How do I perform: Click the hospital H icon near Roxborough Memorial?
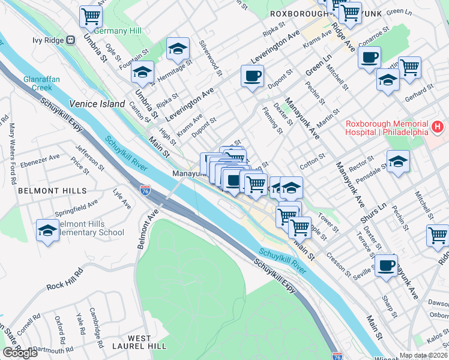click(438, 128)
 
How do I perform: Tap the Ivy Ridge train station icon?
click(70, 40)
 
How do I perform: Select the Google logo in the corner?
click(20, 353)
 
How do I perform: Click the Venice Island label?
click(97, 103)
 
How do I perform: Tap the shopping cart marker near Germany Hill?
click(91, 16)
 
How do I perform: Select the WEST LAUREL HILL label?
click(139, 343)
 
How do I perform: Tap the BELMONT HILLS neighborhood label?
click(52, 191)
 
